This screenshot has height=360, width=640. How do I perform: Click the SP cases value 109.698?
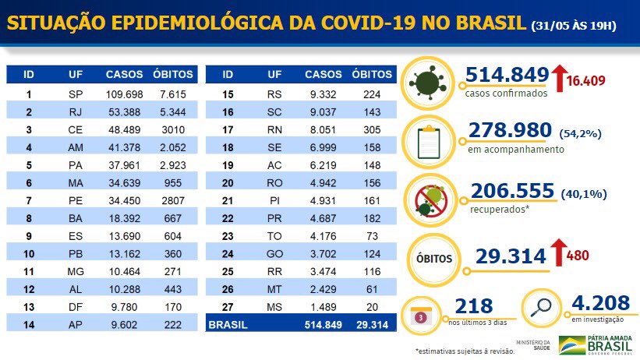click(x=125, y=94)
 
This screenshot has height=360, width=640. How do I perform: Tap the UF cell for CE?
click(x=76, y=129)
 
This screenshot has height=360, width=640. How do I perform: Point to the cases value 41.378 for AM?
click(x=125, y=146)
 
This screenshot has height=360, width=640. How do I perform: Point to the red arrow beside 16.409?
click(x=558, y=78)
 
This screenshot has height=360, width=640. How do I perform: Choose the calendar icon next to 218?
click(x=421, y=317)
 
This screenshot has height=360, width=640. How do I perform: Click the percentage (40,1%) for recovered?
click(x=584, y=193)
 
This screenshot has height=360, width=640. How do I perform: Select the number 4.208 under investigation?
click(x=599, y=302)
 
